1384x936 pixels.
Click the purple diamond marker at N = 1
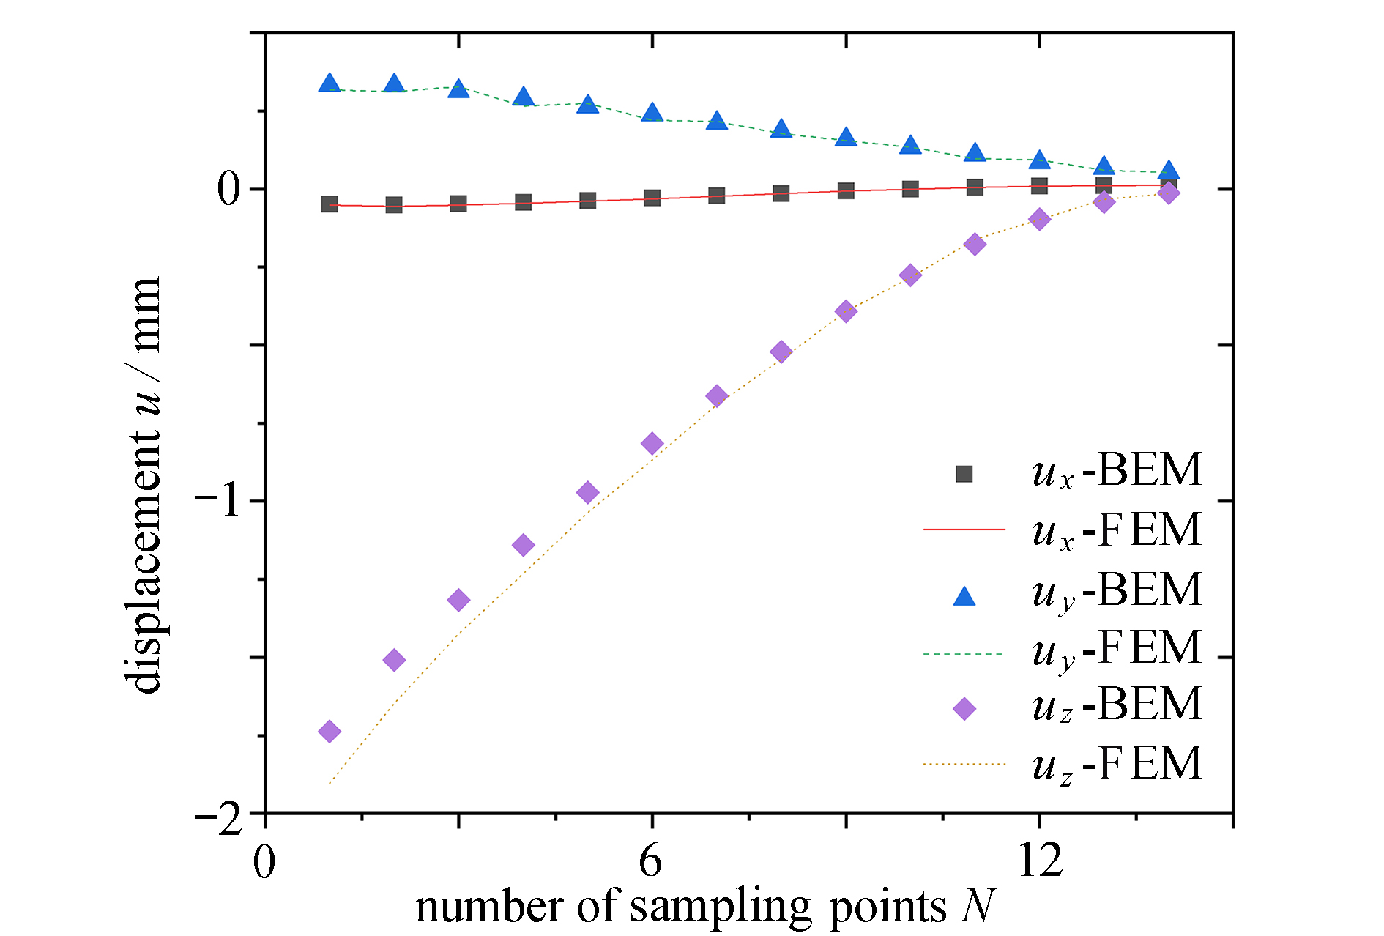click(x=330, y=731)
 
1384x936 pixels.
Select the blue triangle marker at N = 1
click(x=330, y=83)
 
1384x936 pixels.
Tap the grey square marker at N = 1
click(x=330, y=204)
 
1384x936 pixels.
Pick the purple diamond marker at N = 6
click(x=652, y=443)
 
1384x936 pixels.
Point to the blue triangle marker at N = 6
click(x=652, y=113)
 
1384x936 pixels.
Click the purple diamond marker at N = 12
click(x=1039, y=218)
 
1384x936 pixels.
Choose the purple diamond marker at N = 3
click(x=458, y=600)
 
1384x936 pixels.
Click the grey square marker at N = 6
click(x=652, y=198)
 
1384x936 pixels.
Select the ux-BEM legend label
click(x=1117, y=470)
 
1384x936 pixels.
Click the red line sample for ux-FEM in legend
click(x=964, y=529)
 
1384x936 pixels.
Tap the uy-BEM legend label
click(x=1117, y=590)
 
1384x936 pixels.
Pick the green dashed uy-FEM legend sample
click(x=964, y=653)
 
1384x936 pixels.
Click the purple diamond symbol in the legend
click(x=964, y=708)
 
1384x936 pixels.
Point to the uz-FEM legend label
click(x=1117, y=765)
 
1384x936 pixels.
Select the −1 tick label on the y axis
click(x=219, y=502)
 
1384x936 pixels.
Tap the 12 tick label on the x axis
click(x=1040, y=860)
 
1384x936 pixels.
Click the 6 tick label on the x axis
click(x=651, y=860)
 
